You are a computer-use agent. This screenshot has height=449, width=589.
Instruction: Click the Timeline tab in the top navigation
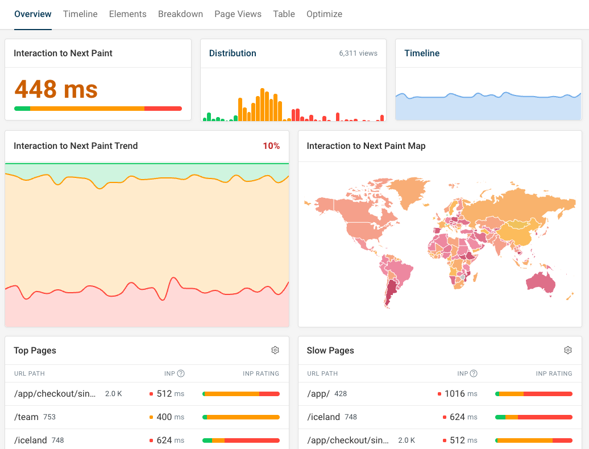coord(80,14)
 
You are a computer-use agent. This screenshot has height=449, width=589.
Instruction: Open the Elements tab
coord(127,14)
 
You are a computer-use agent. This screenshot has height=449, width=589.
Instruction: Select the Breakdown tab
coord(180,14)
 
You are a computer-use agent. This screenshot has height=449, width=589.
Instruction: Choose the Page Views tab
coord(238,14)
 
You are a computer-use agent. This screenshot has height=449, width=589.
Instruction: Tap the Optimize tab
coord(324,14)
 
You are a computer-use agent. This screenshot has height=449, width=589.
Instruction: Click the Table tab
coord(284,14)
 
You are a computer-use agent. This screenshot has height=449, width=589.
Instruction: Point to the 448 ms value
coord(56,89)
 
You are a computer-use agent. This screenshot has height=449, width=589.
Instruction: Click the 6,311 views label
coord(358,53)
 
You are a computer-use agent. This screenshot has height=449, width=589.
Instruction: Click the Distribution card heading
coord(233,53)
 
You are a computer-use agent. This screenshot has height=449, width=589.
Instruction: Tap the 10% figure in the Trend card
coord(271,146)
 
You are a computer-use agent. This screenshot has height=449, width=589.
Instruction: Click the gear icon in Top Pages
coord(275,350)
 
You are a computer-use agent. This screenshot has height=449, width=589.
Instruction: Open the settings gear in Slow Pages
coord(567,350)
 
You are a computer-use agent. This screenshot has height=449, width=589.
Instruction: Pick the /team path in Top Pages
coord(26,417)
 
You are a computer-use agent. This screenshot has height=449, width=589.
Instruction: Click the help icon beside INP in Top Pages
coord(181,373)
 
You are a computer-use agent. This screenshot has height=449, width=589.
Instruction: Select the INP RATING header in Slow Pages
coord(554,373)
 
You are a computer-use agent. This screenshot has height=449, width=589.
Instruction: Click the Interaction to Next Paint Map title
coord(366,146)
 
